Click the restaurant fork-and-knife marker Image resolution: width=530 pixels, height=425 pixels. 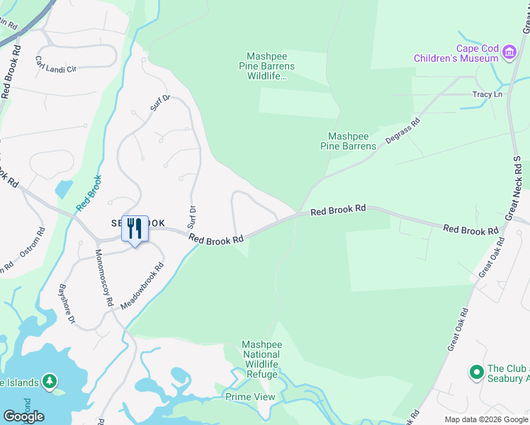[x=135, y=229]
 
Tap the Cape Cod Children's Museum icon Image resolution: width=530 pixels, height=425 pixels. [x=509, y=52]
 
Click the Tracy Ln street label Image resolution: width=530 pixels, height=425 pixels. [x=487, y=94]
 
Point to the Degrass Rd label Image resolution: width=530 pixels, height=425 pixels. [x=403, y=131]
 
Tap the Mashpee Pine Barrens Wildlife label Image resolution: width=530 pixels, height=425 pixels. [x=270, y=66]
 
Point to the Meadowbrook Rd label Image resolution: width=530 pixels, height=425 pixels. [x=142, y=285]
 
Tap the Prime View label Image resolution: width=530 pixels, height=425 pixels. [x=250, y=397]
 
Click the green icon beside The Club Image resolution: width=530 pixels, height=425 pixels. [x=478, y=371]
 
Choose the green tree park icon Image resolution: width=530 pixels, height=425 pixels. [x=50, y=382]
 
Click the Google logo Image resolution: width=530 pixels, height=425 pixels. [x=23, y=416]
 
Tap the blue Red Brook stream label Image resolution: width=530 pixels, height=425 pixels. [x=88, y=192]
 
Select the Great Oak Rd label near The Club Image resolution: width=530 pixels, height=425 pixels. [x=457, y=329]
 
